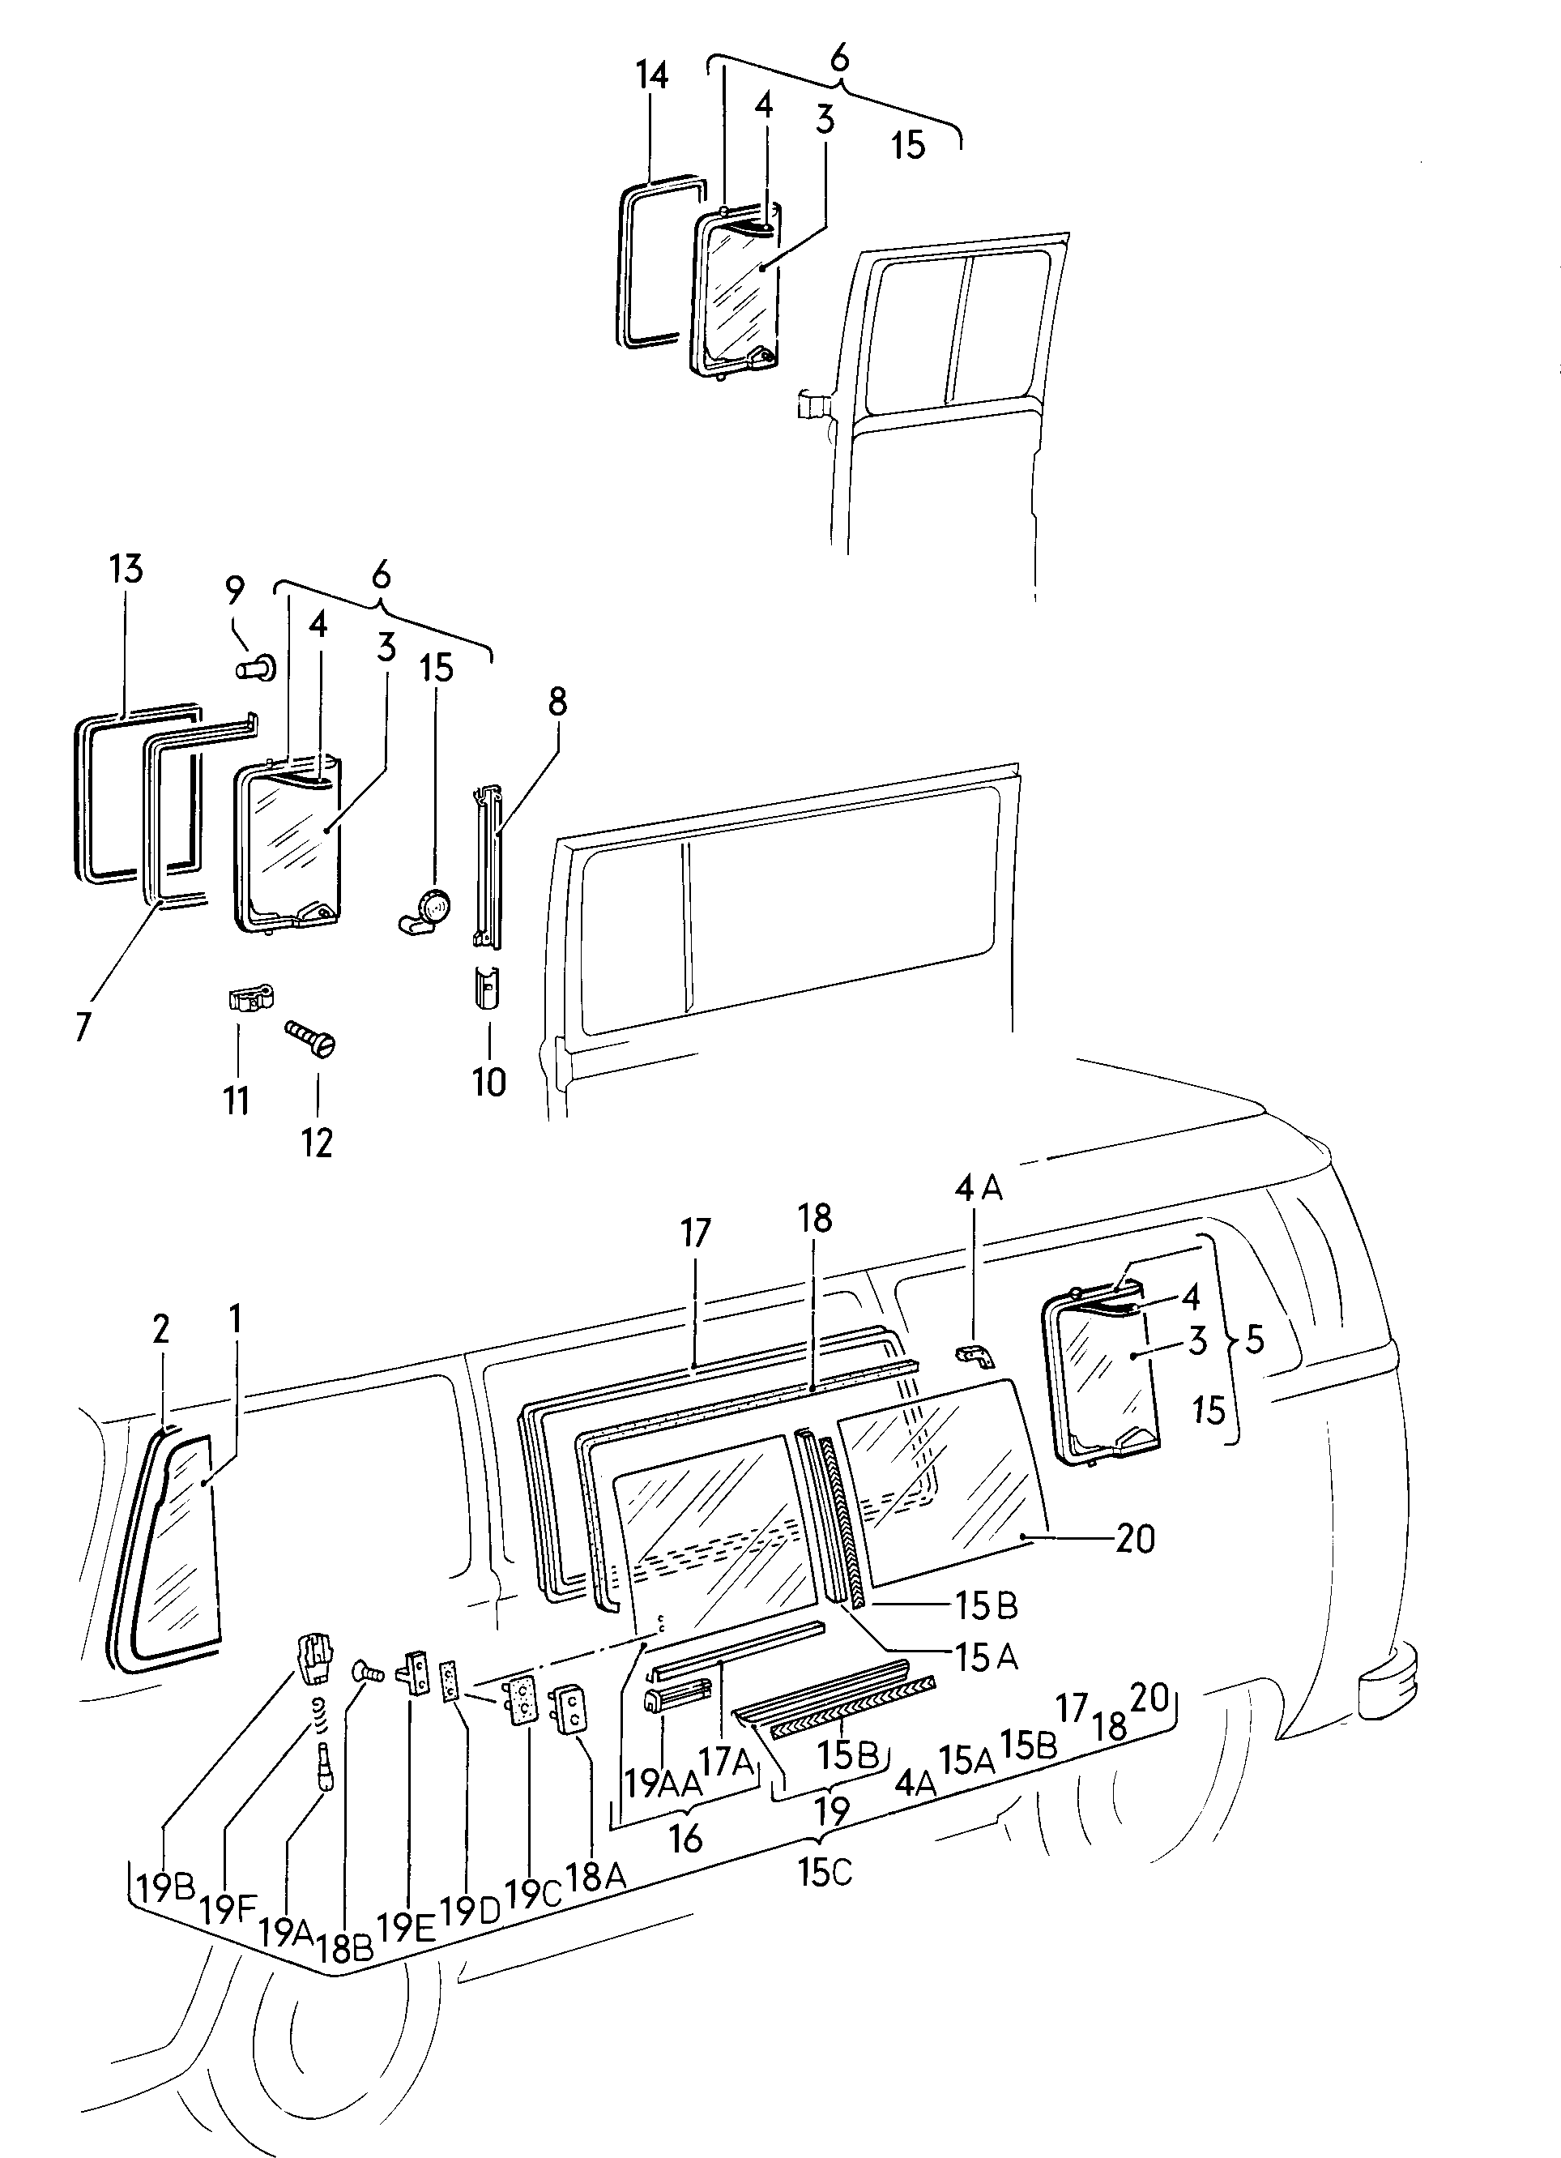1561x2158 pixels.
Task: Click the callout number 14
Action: (653, 75)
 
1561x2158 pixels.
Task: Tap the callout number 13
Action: (126, 569)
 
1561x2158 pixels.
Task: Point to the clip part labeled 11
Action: (251, 998)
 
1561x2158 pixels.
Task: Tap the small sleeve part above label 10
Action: (487, 987)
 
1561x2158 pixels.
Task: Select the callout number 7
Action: (83, 1026)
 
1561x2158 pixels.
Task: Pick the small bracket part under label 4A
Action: (975, 1356)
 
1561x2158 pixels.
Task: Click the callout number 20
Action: (1135, 1539)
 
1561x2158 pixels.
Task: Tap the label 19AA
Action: (662, 1782)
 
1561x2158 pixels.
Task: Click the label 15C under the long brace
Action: (825, 1873)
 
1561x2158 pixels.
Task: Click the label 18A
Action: (595, 1875)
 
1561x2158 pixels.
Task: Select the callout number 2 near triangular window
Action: (160, 1329)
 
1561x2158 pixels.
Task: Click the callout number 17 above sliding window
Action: (695, 1233)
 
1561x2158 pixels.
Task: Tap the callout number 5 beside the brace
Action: (1255, 1340)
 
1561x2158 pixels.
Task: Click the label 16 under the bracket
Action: (685, 1838)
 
